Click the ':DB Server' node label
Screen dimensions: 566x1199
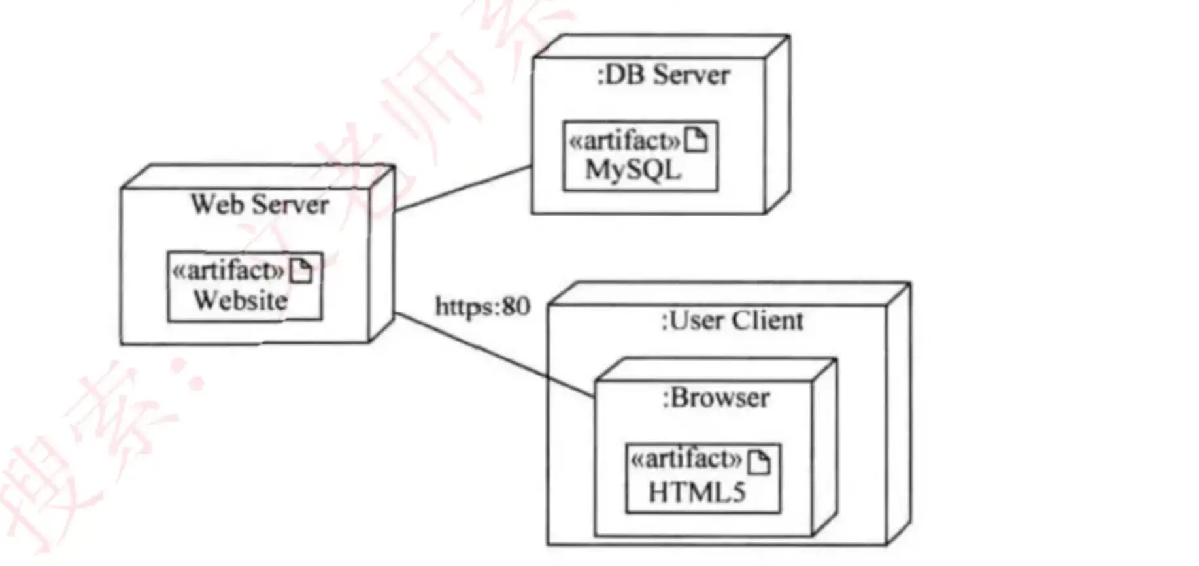(663, 75)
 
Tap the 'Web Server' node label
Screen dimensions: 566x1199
(260, 205)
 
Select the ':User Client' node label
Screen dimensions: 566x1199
(732, 321)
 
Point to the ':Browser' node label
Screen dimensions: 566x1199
(715, 398)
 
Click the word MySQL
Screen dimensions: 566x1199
(633, 171)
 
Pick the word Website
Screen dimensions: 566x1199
(241, 301)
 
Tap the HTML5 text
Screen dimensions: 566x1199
(697, 492)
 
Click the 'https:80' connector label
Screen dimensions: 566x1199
(482, 306)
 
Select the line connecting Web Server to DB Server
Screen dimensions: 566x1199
(463, 188)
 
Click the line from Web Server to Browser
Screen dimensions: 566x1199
(494, 355)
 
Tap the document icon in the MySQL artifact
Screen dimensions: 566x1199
(696, 140)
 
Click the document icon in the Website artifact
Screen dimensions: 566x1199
(301, 271)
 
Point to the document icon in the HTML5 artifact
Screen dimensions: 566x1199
(759, 462)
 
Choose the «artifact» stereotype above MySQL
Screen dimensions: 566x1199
(624, 141)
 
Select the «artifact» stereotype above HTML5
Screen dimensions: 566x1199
(686, 460)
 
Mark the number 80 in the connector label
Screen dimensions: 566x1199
(516, 306)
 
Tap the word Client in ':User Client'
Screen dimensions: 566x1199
(768, 321)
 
